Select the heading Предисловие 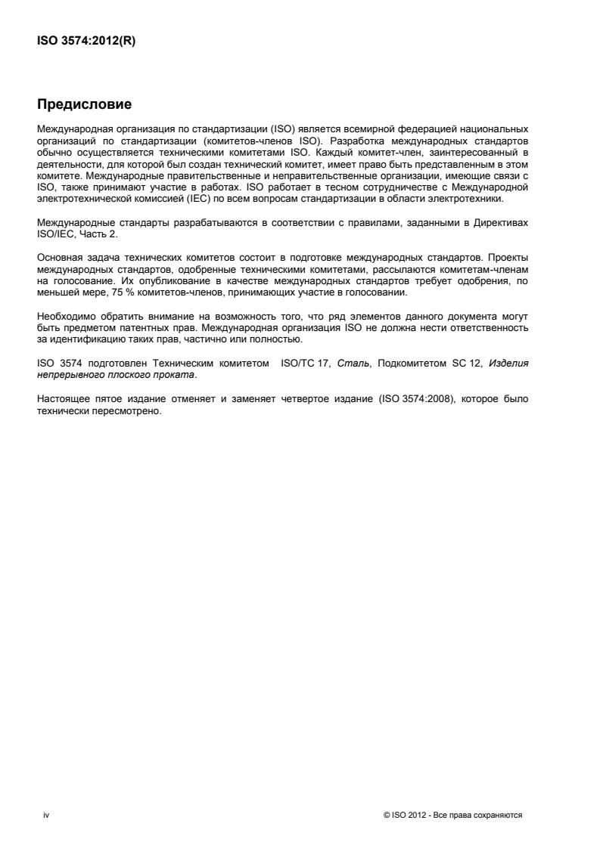[83, 103]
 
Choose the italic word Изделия [508, 364]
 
